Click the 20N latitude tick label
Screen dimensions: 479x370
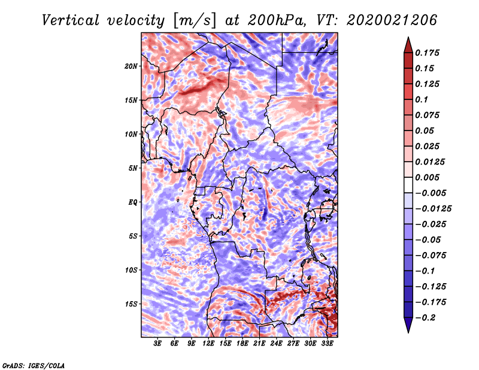pyautogui.click(x=131, y=66)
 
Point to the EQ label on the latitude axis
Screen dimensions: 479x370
pyautogui.click(x=132, y=202)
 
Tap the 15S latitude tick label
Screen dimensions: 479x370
pyautogui.click(x=131, y=304)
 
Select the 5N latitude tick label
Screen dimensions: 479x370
pyautogui.click(x=132, y=168)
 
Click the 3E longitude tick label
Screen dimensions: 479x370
pyautogui.click(x=157, y=343)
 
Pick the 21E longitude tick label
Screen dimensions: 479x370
pyautogui.click(x=259, y=343)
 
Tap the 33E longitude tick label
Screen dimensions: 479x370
pyautogui.click(x=327, y=343)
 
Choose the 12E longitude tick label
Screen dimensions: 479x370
pyautogui.click(x=208, y=343)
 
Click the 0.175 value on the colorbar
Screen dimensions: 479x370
pyautogui.click(x=428, y=53)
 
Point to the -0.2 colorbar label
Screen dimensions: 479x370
pyautogui.click(x=425, y=318)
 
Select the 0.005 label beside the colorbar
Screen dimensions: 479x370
pyautogui.click(x=428, y=177)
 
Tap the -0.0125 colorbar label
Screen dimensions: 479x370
pyautogui.click(x=433, y=209)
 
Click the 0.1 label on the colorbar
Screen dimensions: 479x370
pyautogui.click(x=422, y=99)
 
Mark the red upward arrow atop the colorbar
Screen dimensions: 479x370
pyautogui.click(x=408, y=45)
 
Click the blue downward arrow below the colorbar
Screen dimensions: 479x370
pyautogui.click(x=408, y=325)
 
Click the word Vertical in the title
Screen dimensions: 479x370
pyautogui.click(x=70, y=20)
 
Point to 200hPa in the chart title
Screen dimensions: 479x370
pyautogui.click(x=277, y=20)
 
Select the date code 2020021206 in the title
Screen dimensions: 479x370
pyautogui.click(x=392, y=20)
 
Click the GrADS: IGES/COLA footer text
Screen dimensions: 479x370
pyautogui.click(x=33, y=366)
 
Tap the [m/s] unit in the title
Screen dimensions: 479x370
pyautogui.click(x=195, y=20)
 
